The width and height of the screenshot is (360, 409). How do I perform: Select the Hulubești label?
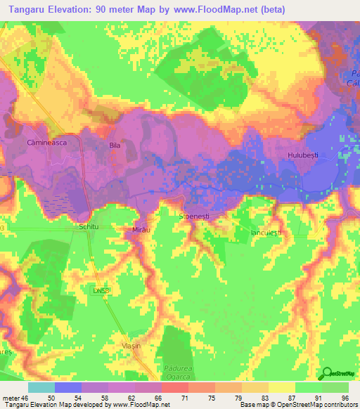point(303,153)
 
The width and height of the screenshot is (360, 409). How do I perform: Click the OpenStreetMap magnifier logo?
point(328,373)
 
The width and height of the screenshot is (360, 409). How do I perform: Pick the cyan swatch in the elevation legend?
point(41,387)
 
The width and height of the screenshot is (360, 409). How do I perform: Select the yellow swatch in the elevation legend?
point(281,387)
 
